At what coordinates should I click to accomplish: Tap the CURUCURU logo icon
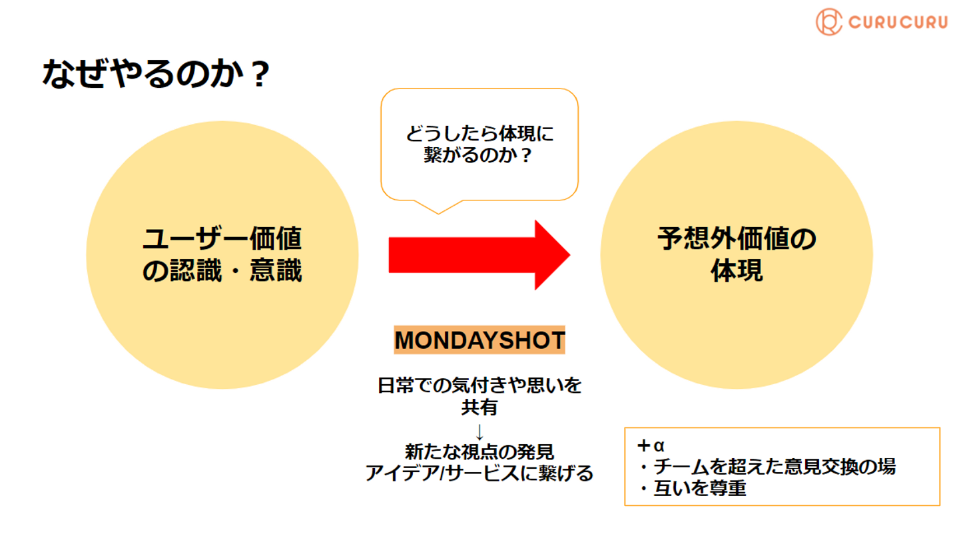click(829, 22)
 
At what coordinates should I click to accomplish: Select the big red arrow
click(479, 255)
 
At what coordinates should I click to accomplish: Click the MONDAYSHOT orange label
click(479, 340)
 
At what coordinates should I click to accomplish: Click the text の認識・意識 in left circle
click(222, 271)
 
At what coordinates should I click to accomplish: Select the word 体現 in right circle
click(736, 271)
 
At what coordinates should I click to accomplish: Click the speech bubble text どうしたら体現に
click(479, 134)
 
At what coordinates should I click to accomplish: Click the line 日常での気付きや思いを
click(479, 386)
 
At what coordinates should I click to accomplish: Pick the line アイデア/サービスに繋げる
click(479, 474)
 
